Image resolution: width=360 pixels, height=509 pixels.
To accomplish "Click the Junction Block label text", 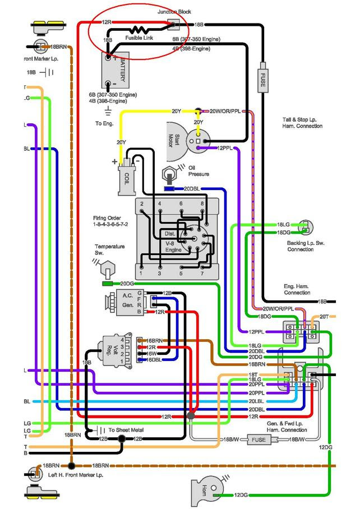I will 174,12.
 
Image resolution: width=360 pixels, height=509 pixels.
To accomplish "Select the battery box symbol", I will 117,70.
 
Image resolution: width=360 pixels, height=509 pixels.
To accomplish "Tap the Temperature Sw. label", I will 110,249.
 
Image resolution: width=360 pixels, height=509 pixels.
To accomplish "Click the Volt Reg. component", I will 114,351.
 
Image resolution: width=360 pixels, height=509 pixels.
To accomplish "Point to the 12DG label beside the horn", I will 241,495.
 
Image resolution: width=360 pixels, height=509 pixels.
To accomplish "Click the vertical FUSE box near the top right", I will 262,82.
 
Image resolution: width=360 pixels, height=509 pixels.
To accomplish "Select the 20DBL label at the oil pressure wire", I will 191,188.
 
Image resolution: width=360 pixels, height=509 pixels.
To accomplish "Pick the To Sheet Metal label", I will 126,430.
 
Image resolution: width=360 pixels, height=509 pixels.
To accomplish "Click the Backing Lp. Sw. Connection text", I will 300,246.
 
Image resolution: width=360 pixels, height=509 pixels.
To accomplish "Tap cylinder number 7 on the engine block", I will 201,274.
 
